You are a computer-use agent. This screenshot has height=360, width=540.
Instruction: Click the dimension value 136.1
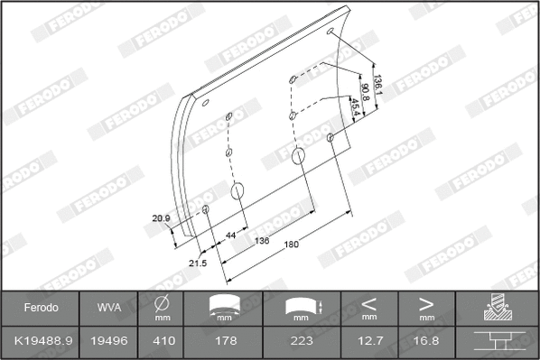[379, 83]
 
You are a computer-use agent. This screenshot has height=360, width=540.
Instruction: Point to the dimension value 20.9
[162, 217]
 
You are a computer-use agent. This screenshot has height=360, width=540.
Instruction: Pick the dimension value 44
[231, 235]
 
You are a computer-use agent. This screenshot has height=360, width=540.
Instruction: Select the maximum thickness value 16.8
[427, 341]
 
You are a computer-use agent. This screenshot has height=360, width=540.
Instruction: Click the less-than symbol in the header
[369, 303]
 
